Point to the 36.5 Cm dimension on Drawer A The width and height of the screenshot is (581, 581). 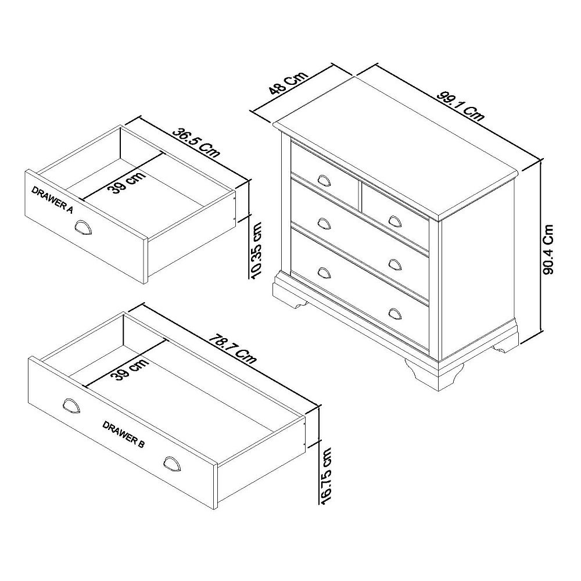(x=196, y=143)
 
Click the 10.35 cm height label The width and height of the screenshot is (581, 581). (x=256, y=250)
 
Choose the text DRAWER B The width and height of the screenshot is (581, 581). (x=123, y=433)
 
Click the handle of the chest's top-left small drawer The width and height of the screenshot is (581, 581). (x=324, y=178)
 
